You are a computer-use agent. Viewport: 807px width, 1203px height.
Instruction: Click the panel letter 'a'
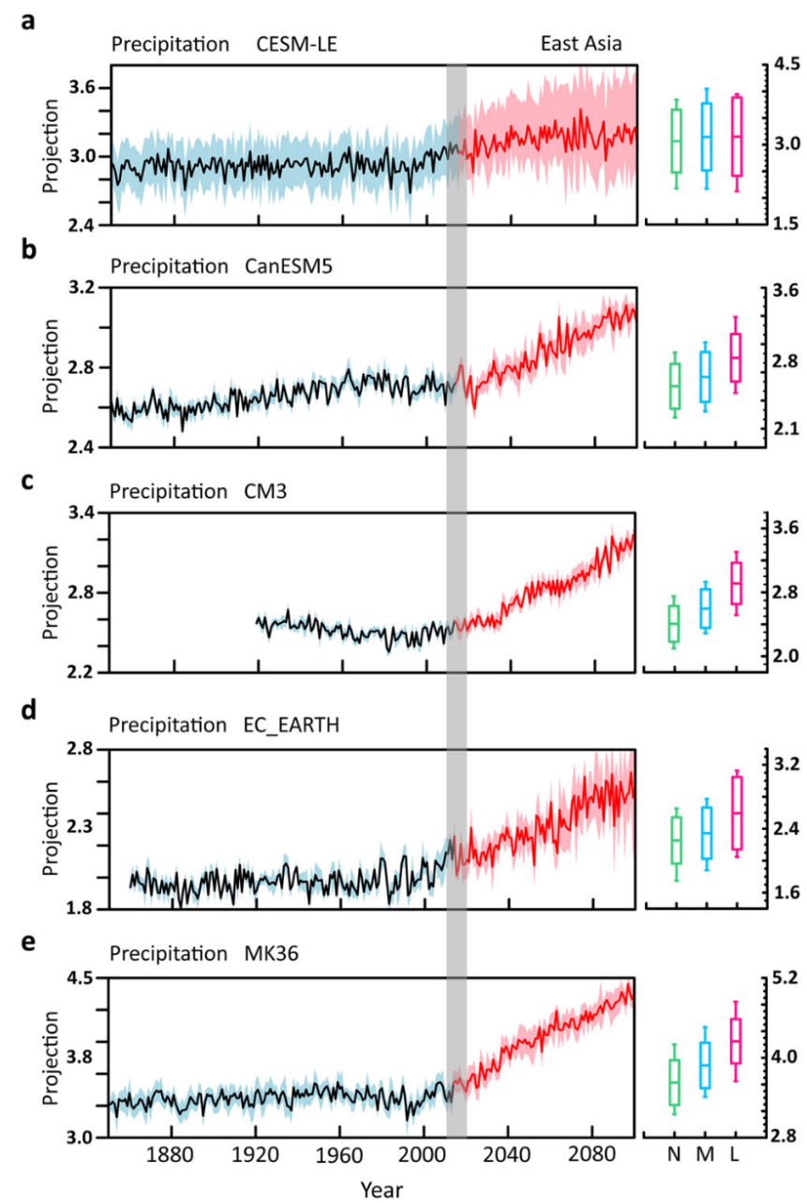[x=29, y=22]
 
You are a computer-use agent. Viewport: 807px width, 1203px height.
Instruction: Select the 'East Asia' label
[x=581, y=44]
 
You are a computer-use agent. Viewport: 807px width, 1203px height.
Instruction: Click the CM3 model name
[x=254, y=491]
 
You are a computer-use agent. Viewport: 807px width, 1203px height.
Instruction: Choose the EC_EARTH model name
[x=291, y=725]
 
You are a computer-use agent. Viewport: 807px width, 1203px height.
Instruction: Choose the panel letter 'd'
[x=29, y=711]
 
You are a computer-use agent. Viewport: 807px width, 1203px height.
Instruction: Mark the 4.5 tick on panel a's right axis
[x=785, y=65]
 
